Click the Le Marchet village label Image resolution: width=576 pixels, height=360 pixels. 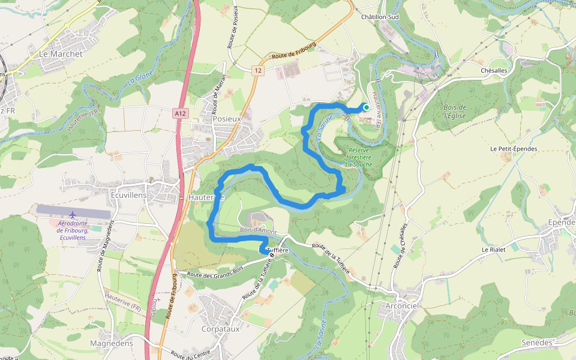coord(61,53)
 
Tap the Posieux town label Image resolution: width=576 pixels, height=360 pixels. coord(227,119)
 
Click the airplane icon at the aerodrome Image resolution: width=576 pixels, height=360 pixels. coord(73,214)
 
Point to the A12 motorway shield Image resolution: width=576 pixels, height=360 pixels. coord(179,112)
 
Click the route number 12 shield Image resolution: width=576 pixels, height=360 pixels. coord(258,71)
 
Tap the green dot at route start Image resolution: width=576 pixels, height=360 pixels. coord(366,107)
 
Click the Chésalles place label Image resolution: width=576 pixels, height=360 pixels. coord(494,70)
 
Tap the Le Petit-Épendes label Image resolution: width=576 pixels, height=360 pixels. coord(514,149)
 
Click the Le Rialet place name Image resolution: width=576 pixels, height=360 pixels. coord(493,249)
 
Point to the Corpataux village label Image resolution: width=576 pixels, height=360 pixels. coord(220,329)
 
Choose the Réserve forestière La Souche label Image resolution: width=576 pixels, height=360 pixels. coord(359,157)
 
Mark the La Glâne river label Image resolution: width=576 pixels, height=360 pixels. coord(140,78)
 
